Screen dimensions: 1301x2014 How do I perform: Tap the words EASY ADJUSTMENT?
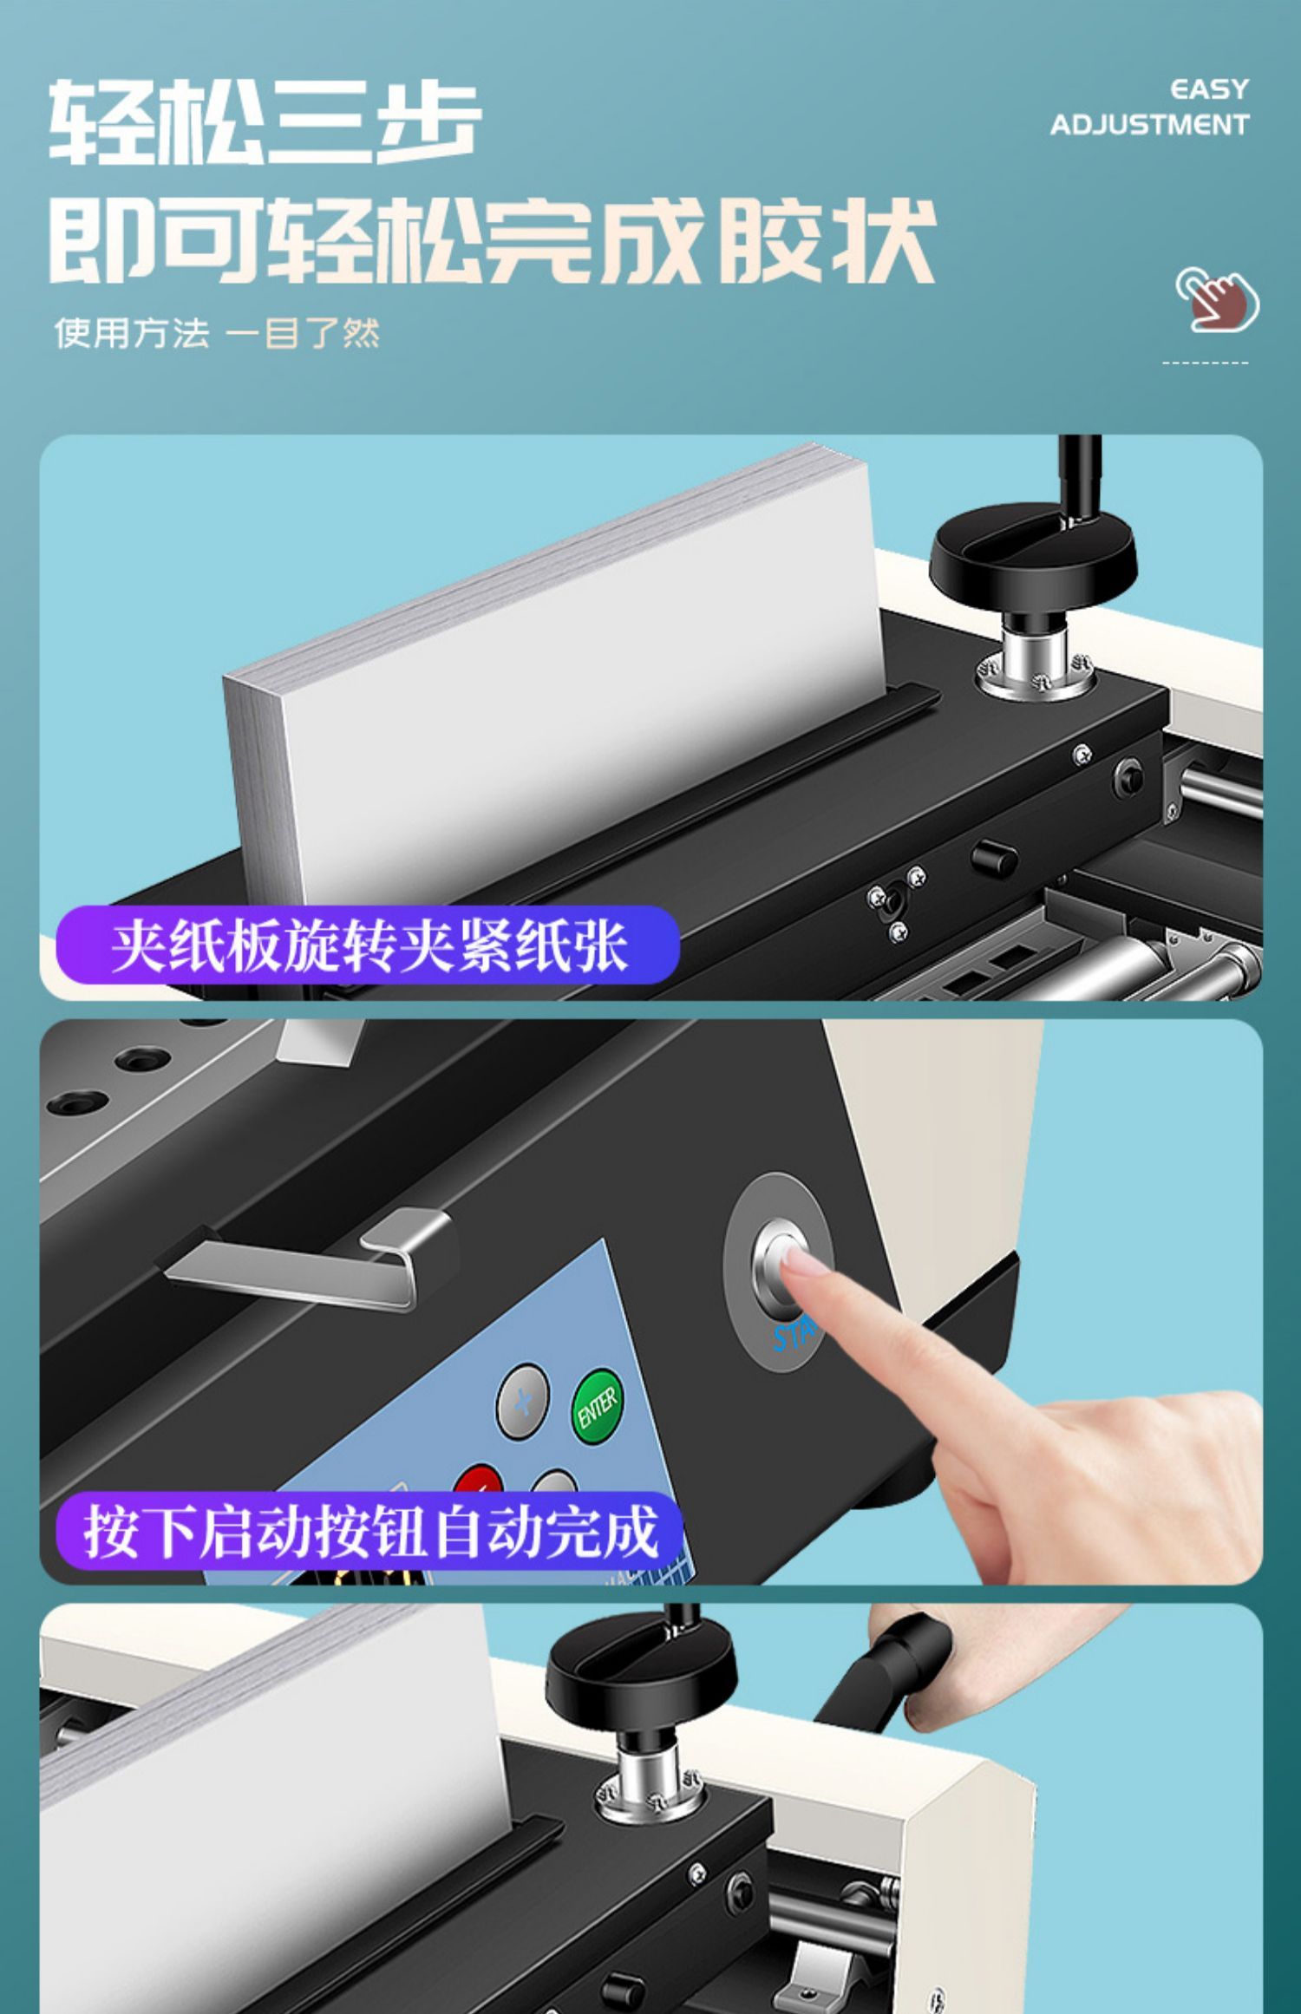(1149, 108)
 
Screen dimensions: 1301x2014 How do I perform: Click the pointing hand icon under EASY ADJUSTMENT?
(1217, 298)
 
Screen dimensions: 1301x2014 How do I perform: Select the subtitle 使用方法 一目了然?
(217, 333)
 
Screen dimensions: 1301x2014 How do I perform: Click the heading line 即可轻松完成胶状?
(492, 240)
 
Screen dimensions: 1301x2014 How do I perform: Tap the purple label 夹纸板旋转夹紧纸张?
(368, 945)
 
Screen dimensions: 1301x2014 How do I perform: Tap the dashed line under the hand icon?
(1205, 362)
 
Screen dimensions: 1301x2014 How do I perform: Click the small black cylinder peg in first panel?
(995, 856)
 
